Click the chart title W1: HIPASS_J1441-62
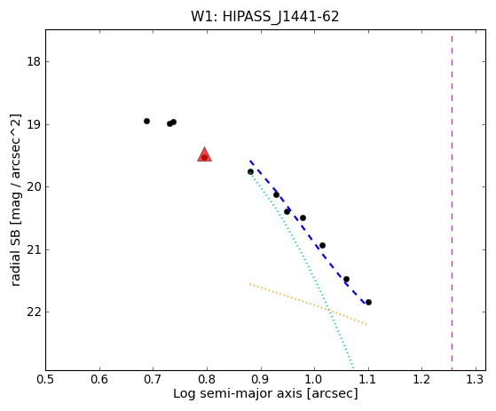click(x=264, y=17)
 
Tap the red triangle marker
click(x=204, y=154)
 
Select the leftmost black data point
click(x=146, y=122)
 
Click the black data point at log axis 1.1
click(x=368, y=302)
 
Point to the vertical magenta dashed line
click(x=452, y=202)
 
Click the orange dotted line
click(x=309, y=304)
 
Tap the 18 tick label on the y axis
click(x=34, y=61)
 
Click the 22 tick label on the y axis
click(x=34, y=312)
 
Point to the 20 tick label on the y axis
click(x=34, y=186)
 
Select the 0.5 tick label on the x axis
click(x=45, y=379)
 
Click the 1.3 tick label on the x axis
click(x=476, y=379)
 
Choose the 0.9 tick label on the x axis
click(x=261, y=379)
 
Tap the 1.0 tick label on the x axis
click(x=314, y=379)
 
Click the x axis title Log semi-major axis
click(x=238, y=394)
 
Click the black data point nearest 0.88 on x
click(x=250, y=172)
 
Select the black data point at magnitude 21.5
click(x=346, y=279)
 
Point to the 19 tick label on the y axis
click(x=34, y=124)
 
